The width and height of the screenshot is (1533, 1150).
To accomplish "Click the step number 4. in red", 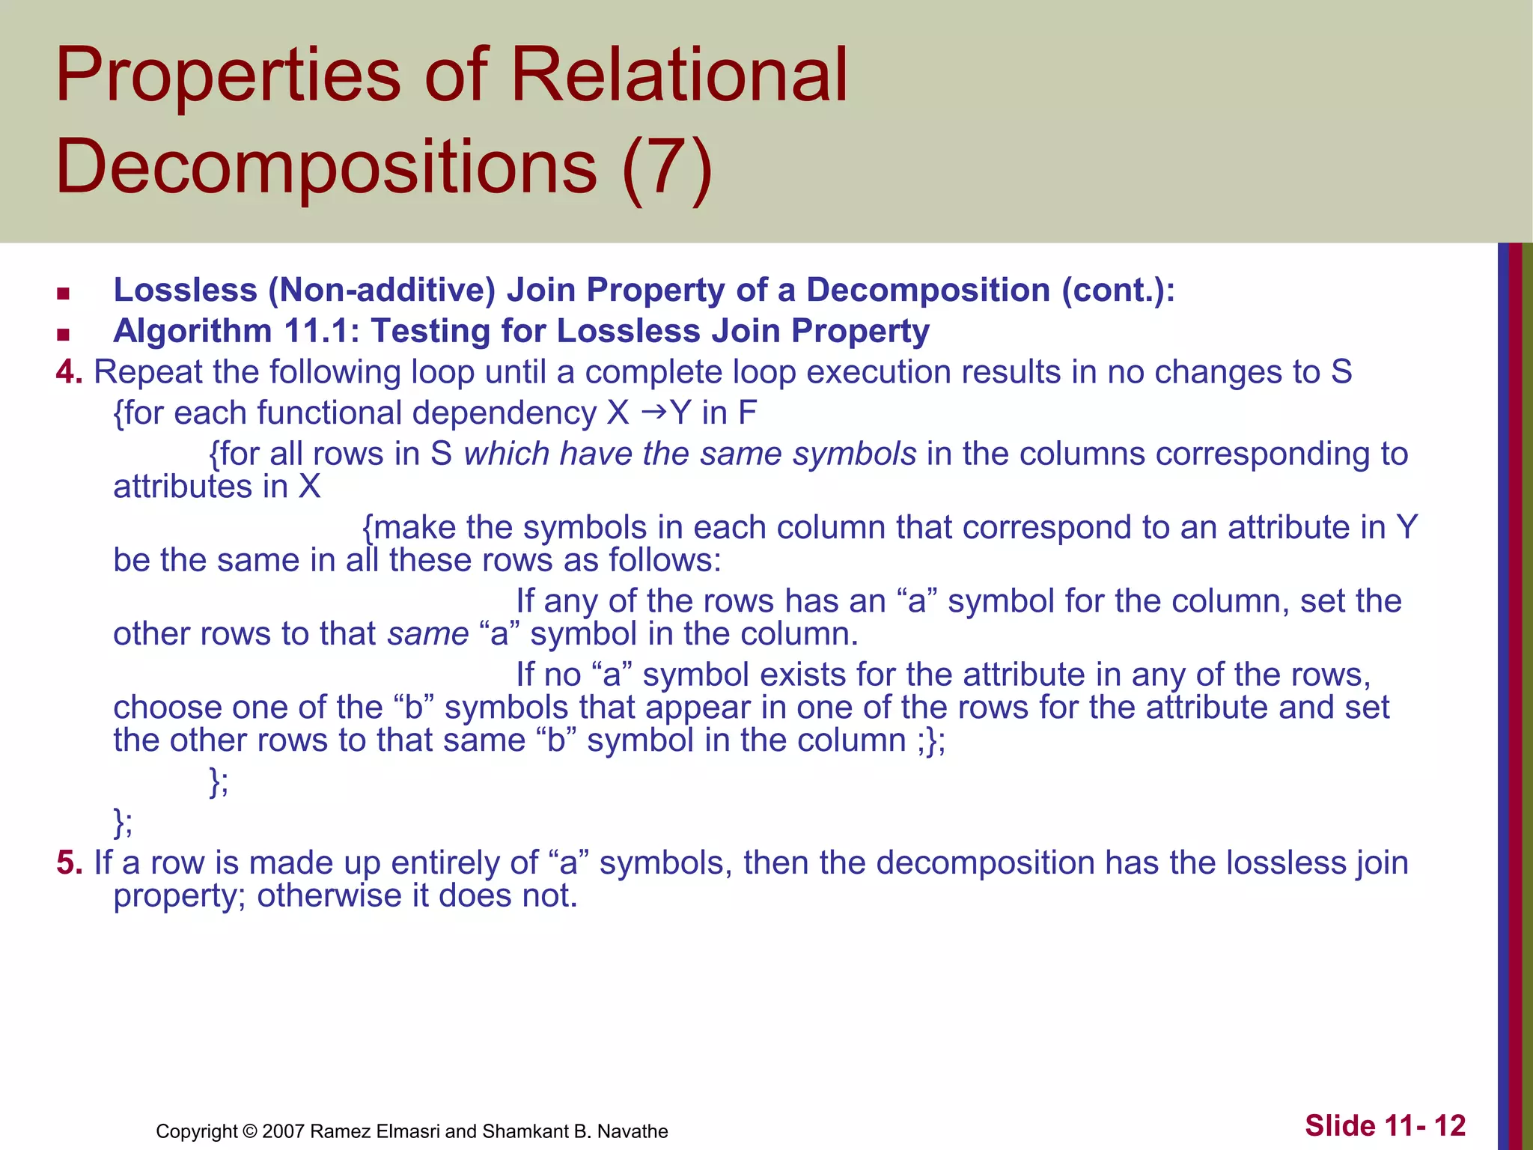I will tap(69, 372).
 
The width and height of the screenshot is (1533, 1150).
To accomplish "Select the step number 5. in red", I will tap(69, 862).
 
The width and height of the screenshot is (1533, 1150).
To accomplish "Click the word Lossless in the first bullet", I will tap(185, 290).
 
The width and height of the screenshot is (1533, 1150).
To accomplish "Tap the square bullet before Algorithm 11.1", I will tap(63, 334).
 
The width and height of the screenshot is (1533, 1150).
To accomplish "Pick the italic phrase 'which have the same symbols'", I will tap(689, 454).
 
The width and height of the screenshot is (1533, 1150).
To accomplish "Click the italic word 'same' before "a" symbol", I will tap(427, 634).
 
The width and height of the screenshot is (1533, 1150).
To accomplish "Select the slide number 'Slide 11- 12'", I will tap(1385, 1125).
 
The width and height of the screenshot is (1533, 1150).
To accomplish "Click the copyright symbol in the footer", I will tap(250, 1131).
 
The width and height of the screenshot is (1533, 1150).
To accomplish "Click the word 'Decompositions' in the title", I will tap(326, 166).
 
